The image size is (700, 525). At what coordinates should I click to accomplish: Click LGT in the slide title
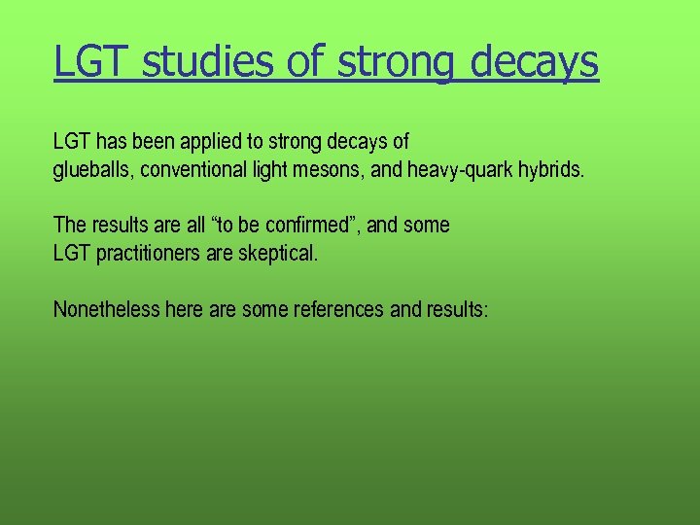(x=88, y=62)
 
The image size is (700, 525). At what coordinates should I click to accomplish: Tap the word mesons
(x=330, y=170)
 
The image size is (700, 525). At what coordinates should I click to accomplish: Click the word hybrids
(x=551, y=170)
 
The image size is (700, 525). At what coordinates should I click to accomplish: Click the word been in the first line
(x=152, y=142)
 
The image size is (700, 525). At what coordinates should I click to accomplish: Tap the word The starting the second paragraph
(x=69, y=225)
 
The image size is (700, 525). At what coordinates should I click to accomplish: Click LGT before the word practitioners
(x=70, y=254)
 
